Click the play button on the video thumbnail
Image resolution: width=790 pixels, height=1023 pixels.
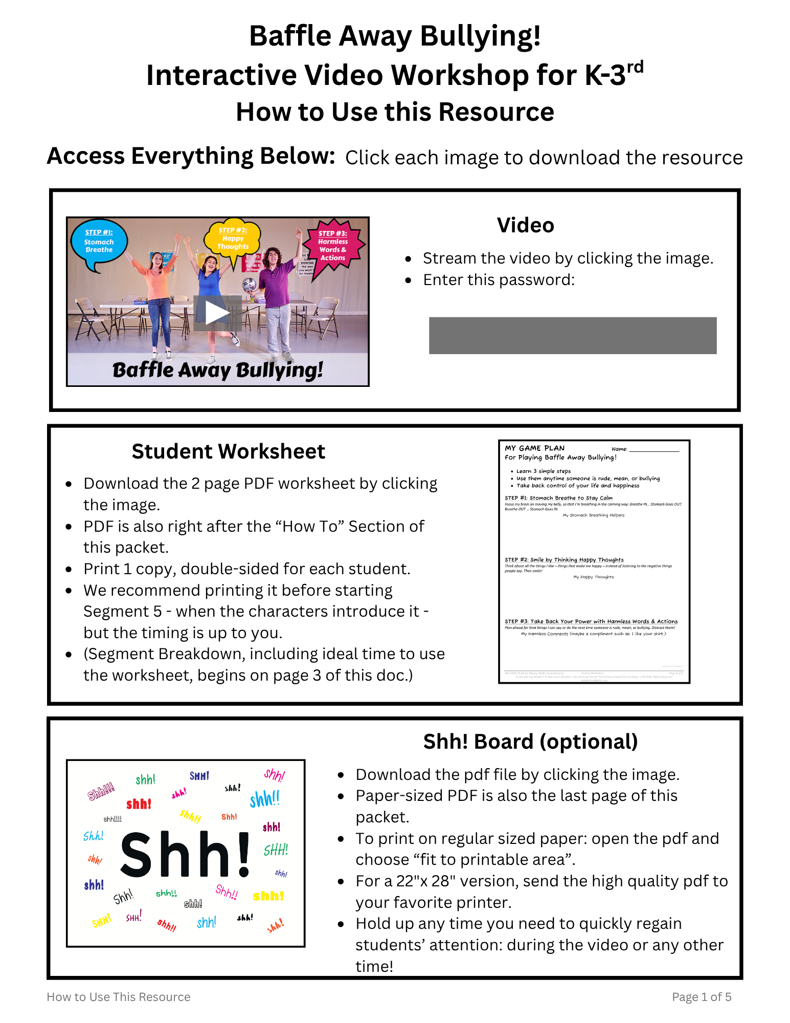[x=217, y=312]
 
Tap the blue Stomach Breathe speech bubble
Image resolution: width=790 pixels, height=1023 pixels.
[x=99, y=243]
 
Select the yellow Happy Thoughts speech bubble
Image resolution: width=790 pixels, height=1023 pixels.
[x=233, y=239]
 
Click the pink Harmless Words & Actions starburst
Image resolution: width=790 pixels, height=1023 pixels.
[x=333, y=246]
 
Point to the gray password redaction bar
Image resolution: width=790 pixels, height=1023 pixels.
[x=572, y=335]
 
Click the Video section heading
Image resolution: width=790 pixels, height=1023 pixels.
[x=525, y=225]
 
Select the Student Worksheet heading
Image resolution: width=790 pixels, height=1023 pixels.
[x=228, y=451]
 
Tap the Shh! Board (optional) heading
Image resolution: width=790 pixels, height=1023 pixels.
[x=530, y=742]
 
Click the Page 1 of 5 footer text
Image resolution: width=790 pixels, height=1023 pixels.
[x=701, y=997]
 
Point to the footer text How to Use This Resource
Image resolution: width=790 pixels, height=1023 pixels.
[x=119, y=997]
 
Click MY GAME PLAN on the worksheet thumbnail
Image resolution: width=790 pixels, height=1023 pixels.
[x=534, y=448]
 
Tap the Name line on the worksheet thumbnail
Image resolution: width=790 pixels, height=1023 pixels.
[x=653, y=449]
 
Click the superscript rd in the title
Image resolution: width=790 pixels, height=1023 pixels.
[x=635, y=67]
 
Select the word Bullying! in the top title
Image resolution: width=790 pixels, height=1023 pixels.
[x=480, y=36]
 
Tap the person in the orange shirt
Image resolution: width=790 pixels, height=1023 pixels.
[x=160, y=292]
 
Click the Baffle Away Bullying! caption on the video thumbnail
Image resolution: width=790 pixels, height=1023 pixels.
[x=217, y=369]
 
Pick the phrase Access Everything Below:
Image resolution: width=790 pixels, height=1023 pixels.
[x=191, y=156]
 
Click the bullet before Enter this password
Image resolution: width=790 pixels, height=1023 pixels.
[x=408, y=280]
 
